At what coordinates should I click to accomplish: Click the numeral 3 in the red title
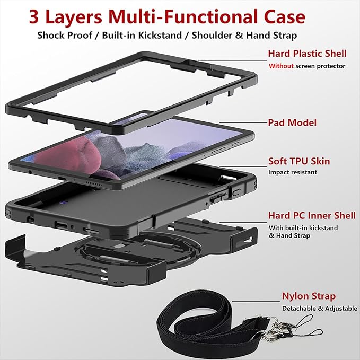click(34, 17)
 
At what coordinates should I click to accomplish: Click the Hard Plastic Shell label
click(307, 54)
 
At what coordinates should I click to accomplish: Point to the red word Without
click(281, 66)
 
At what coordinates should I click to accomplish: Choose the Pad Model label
click(292, 122)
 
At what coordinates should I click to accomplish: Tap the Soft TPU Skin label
click(299, 161)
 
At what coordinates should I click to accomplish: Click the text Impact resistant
click(293, 172)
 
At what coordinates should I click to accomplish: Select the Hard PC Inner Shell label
click(312, 215)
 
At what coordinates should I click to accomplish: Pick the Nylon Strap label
click(309, 296)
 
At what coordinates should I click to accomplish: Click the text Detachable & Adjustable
click(320, 309)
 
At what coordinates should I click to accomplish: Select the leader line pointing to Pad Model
click(243, 122)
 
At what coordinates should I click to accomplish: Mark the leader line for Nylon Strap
click(256, 302)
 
